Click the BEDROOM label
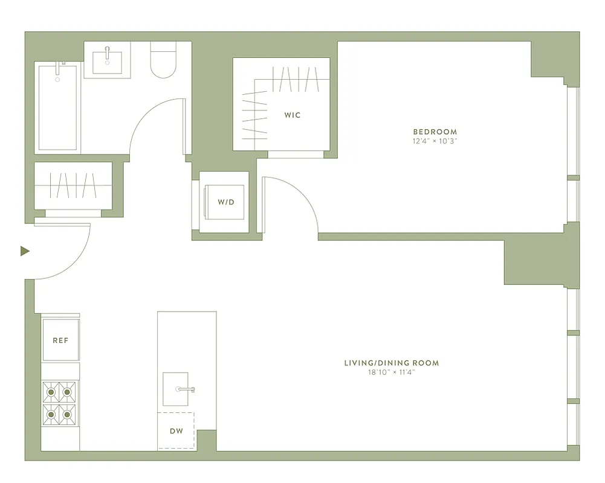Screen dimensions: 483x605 click(x=435, y=132)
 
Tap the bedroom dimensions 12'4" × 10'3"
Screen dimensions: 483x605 click(x=435, y=141)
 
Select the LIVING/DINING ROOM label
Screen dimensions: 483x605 click(x=391, y=363)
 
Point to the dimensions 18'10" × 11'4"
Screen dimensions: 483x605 click(x=391, y=373)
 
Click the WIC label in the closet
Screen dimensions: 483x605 click(x=293, y=115)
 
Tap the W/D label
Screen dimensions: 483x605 click(x=226, y=202)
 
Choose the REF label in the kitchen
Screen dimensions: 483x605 click(x=60, y=341)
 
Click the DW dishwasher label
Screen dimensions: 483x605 click(x=176, y=431)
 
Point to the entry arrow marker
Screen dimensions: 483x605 click(x=25, y=251)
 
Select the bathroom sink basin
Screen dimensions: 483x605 click(x=107, y=62)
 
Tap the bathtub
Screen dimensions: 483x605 click(x=57, y=109)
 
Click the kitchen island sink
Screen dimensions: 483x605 click(x=180, y=389)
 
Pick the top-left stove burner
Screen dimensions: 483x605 click(x=51, y=392)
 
